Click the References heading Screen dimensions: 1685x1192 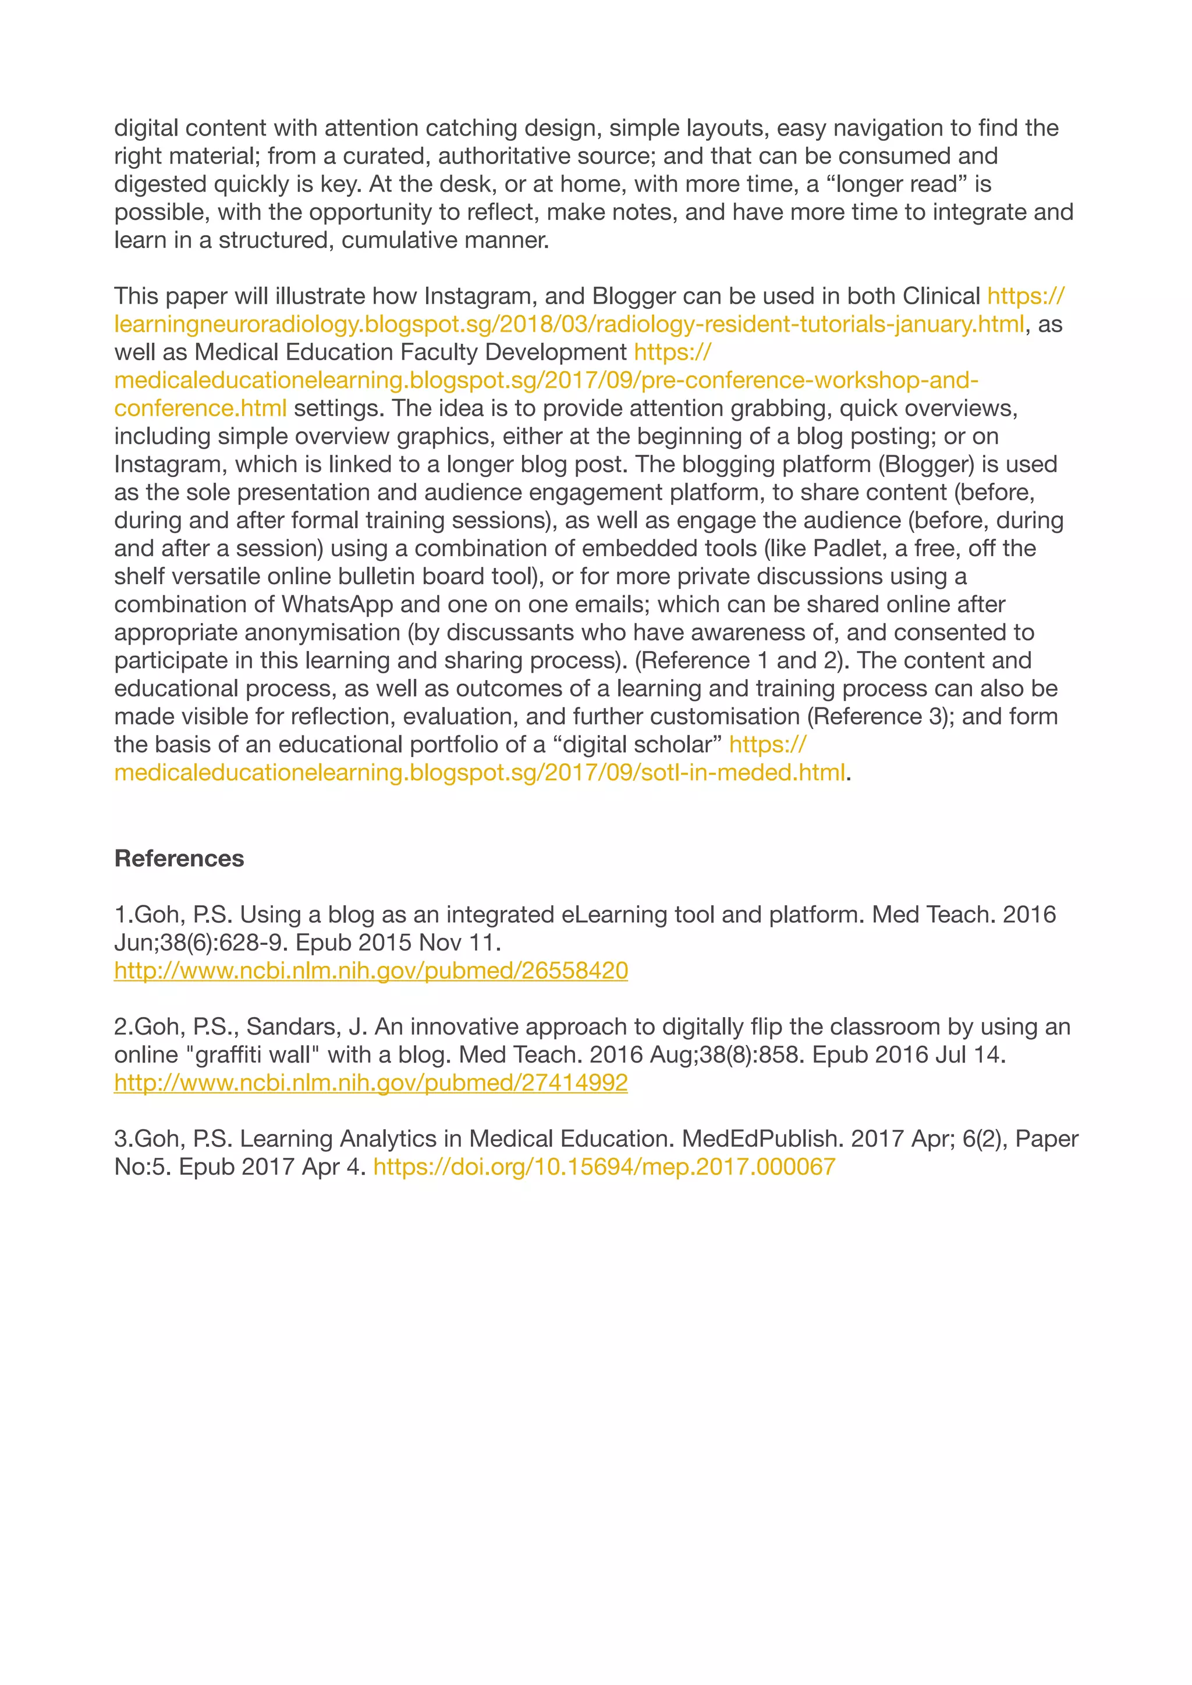[179, 859]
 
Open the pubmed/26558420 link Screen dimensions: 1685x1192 [371, 971]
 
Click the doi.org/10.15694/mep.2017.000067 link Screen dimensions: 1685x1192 [604, 1167]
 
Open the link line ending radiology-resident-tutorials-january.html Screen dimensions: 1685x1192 [569, 325]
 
